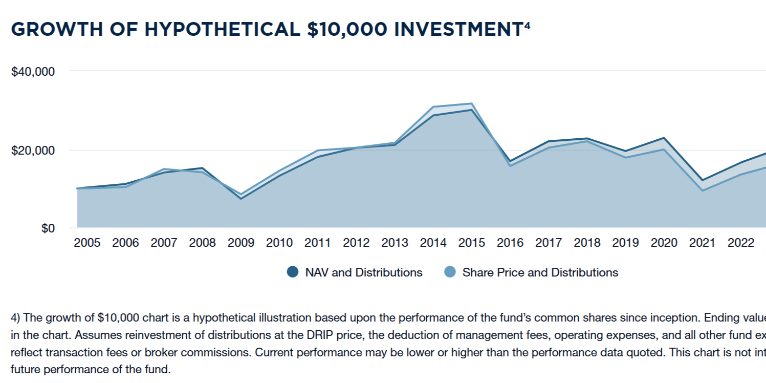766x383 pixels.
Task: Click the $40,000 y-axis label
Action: point(33,71)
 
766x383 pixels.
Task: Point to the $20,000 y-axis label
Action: point(33,151)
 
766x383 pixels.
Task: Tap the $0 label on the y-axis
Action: point(48,228)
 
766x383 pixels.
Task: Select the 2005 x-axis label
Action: point(87,243)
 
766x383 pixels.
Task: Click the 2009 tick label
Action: point(241,243)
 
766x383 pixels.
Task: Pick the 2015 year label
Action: point(472,243)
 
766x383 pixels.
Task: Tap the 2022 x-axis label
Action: point(741,243)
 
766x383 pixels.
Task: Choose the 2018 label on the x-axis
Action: point(587,243)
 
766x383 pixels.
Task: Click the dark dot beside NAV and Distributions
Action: point(293,272)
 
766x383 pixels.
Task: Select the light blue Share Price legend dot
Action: point(450,272)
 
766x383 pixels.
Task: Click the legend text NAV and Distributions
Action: point(364,272)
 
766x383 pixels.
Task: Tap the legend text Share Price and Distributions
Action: point(540,272)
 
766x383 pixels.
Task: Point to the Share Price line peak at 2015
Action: point(472,103)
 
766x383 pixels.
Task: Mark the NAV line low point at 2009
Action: point(241,198)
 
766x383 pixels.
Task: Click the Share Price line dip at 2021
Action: point(703,190)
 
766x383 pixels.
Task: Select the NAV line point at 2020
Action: point(664,138)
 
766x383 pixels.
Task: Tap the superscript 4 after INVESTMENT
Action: point(527,24)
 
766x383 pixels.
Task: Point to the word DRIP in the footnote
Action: point(313,335)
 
